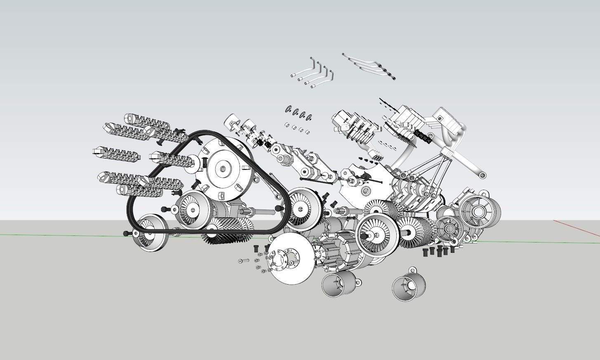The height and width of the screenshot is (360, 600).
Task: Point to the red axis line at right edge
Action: [x=577, y=228]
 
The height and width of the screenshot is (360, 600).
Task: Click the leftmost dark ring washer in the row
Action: [x=289, y=110]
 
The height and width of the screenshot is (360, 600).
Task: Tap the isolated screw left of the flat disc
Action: [x=243, y=261]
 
